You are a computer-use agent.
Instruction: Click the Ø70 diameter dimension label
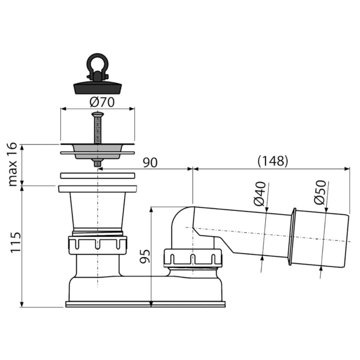(102, 102)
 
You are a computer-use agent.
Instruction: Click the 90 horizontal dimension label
(150, 163)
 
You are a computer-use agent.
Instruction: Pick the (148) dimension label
(273, 161)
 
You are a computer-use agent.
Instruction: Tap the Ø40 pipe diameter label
(260, 194)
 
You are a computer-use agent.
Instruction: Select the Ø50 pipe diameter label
(320, 192)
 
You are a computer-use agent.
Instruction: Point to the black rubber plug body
(97, 87)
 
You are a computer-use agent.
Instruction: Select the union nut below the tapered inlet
(97, 245)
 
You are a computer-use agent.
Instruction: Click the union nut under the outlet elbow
(193, 258)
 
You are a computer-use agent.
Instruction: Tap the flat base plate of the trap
(145, 304)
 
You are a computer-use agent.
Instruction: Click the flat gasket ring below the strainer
(97, 176)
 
